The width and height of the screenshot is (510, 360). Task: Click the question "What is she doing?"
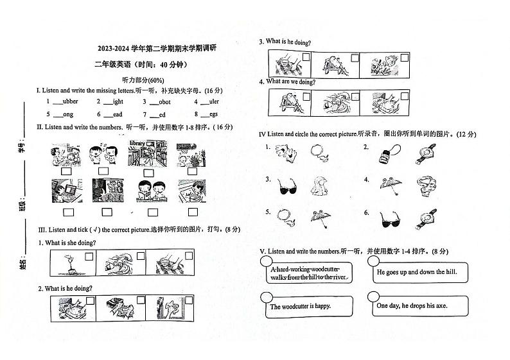point(67,243)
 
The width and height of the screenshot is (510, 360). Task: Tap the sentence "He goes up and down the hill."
point(416,272)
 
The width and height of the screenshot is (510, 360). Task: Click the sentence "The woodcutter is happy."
point(300,307)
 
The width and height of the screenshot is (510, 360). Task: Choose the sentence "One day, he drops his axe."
point(412,306)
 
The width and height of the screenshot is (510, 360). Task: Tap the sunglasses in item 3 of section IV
point(285,187)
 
